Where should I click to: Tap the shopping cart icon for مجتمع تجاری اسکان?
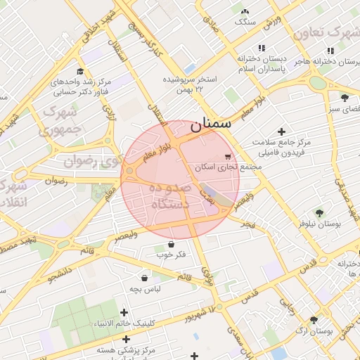tap(227, 156)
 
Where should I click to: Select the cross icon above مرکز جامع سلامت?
tap(282, 131)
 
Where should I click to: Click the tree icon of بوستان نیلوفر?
tap(320, 212)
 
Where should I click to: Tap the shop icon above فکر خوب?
tap(172, 244)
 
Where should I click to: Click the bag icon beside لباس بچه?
tap(144, 278)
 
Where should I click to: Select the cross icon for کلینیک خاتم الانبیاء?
tap(124, 312)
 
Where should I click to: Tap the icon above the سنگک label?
tap(245, 11)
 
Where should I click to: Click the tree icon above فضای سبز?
tap(345, 98)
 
